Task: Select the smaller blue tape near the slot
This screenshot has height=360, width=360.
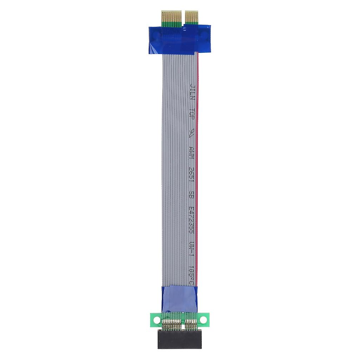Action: pos(179,299)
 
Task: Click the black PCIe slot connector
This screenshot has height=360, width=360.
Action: pos(179,340)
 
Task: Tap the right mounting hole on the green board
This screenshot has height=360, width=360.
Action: pos(203,319)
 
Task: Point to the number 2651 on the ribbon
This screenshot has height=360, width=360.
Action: pos(192,173)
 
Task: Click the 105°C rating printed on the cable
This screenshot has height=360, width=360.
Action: pos(192,272)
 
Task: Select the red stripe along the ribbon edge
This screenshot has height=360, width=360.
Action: pos(197,176)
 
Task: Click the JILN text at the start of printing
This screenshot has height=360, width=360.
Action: pos(192,92)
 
